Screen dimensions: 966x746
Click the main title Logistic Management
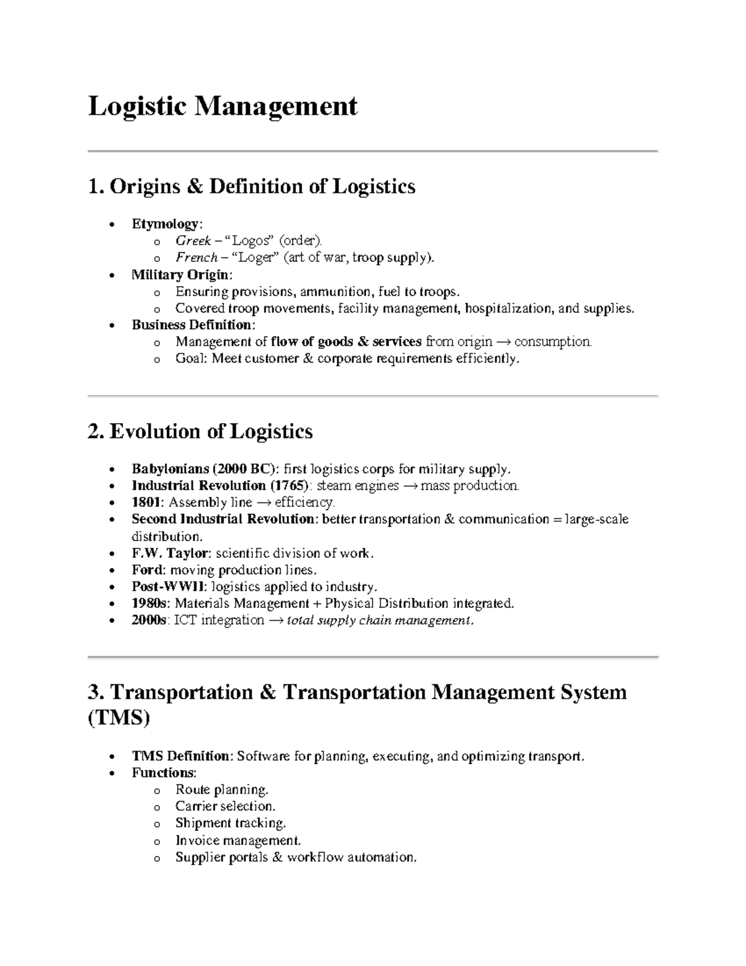tap(223, 106)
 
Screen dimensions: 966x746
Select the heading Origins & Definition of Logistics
tap(252, 186)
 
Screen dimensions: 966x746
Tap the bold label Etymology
tap(165, 223)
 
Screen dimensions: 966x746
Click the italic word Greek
tap(193, 241)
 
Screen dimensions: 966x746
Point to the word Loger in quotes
tap(256, 258)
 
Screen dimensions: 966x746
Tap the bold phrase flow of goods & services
tap(346, 341)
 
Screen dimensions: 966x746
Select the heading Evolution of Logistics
tap(200, 431)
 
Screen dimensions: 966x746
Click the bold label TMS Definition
tap(181, 756)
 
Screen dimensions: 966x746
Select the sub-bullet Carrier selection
tap(225, 807)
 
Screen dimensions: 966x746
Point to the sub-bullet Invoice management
tap(238, 840)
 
